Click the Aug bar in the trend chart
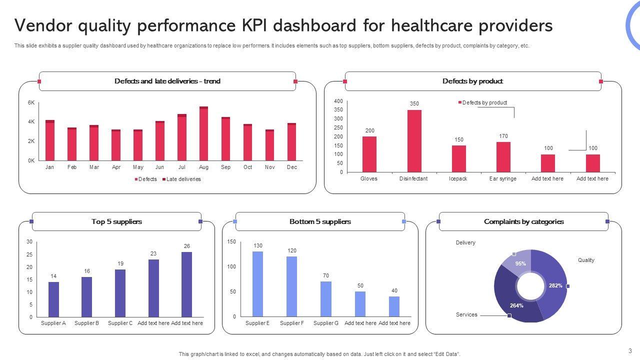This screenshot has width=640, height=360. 203,134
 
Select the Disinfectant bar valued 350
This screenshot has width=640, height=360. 414,141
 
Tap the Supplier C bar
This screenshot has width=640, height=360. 120,293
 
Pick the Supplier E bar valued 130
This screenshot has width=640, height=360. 257,283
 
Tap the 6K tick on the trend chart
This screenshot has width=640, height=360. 31,102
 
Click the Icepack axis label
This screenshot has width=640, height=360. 458,178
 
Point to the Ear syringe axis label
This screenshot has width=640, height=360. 502,178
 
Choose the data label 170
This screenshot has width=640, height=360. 503,136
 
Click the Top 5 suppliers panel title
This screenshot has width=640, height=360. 116,221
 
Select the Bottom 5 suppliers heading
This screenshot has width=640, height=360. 320,221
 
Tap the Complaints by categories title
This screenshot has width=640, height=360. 523,221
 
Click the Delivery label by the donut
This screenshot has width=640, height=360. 465,242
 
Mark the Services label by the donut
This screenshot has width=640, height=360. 466,314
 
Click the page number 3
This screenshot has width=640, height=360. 630,350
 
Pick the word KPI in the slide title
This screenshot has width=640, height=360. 296,25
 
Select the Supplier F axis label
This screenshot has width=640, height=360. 292,323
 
